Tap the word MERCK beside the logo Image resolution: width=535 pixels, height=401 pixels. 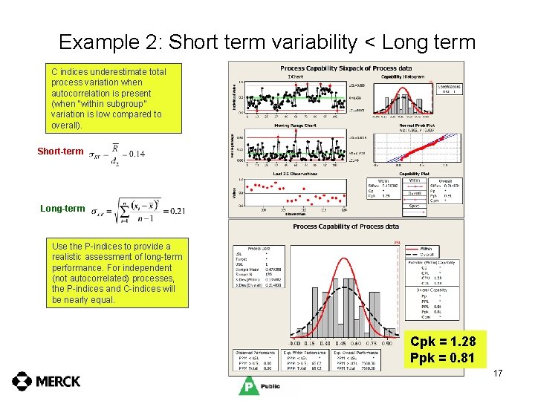click(x=58, y=381)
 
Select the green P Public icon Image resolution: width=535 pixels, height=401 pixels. click(x=249, y=385)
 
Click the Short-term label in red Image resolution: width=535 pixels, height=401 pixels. click(x=60, y=151)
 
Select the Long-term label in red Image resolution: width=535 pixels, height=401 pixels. click(x=62, y=209)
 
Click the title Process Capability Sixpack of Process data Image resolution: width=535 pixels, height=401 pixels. click(x=346, y=68)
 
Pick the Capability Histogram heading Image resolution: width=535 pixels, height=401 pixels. click(x=402, y=76)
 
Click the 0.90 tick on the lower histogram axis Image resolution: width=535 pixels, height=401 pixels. click(x=387, y=344)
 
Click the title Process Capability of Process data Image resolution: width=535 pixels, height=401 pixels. click(x=346, y=226)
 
